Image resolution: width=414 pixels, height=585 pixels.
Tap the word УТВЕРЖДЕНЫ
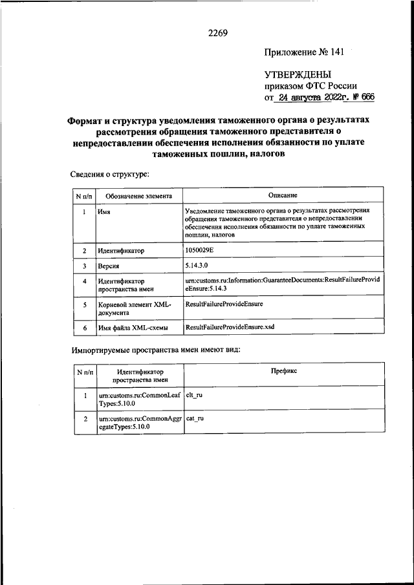(x=298, y=74)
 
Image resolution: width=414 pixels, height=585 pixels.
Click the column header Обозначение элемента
(x=139, y=195)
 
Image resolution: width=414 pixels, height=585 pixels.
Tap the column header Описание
(x=283, y=195)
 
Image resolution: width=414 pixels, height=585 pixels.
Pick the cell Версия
(x=109, y=266)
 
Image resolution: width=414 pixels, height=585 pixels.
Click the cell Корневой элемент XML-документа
(x=133, y=307)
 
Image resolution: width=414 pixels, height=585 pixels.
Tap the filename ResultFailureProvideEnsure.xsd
(x=230, y=328)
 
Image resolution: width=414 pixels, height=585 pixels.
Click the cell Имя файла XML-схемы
(x=133, y=328)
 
